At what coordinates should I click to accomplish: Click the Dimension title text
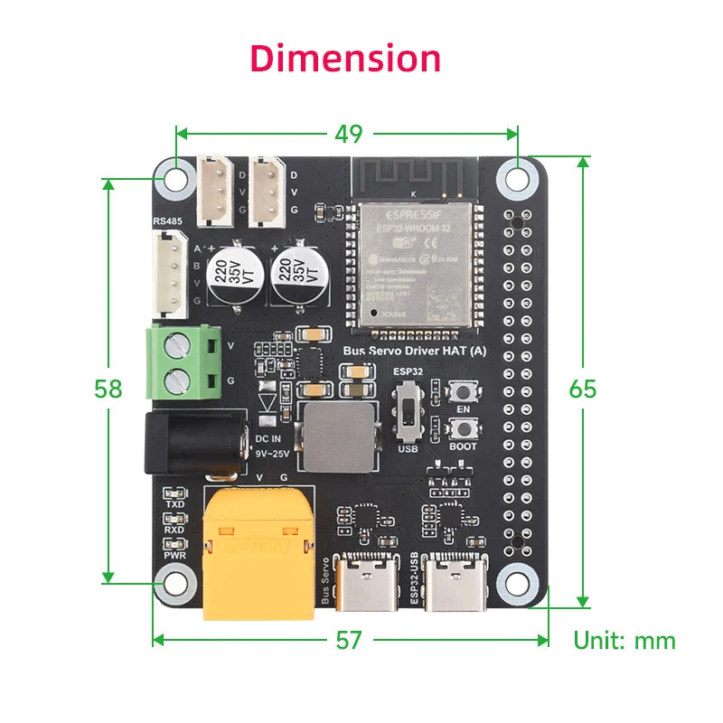(345, 58)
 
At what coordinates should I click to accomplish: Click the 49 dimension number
(348, 134)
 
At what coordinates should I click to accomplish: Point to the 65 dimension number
(582, 389)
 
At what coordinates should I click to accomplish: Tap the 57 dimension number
(348, 640)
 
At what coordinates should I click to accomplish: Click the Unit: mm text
(624, 641)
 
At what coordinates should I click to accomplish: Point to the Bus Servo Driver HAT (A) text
(415, 351)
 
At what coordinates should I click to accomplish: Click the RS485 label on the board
(166, 220)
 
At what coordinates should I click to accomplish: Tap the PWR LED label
(175, 555)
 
